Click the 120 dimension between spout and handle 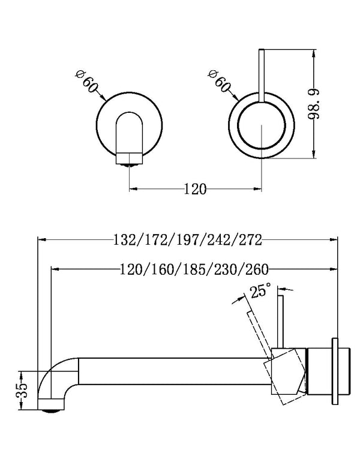pos(195,190)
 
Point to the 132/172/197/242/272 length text pos(187,240)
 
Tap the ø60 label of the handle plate pos(219,81)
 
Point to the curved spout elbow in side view pos(57,375)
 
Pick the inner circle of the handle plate pos(262,128)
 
